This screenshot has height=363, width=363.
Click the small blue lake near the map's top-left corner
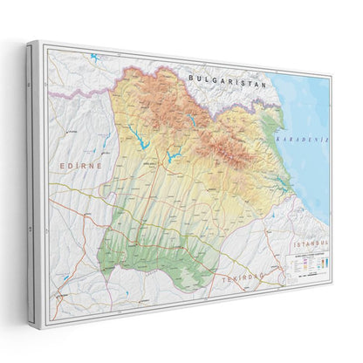pyautogui.click(x=93, y=58)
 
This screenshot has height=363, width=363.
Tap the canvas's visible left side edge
pyautogui.click(x=33, y=175)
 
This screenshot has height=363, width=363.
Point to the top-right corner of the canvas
pyautogui.click(x=332, y=78)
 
